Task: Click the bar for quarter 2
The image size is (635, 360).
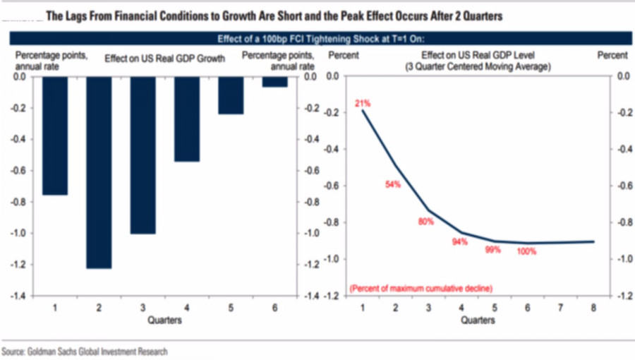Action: tap(99, 172)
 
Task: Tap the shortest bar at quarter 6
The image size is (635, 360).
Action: tap(274, 82)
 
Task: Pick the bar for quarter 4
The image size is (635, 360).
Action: tap(187, 119)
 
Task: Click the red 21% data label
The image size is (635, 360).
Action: tap(363, 104)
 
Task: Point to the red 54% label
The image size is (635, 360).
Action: tap(393, 184)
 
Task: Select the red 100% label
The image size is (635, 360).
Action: tap(526, 251)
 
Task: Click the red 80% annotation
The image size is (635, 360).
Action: tap(426, 221)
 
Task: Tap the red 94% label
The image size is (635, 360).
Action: tap(459, 242)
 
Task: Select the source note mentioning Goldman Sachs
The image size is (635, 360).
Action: tap(85, 351)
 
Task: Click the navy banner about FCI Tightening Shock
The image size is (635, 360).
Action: tap(320, 39)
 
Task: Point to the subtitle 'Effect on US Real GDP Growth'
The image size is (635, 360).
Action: tap(164, 59)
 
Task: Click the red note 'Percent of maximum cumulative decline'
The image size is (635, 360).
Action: tap(421, 288)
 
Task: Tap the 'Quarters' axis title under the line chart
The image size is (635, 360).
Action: tap(478, 320)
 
